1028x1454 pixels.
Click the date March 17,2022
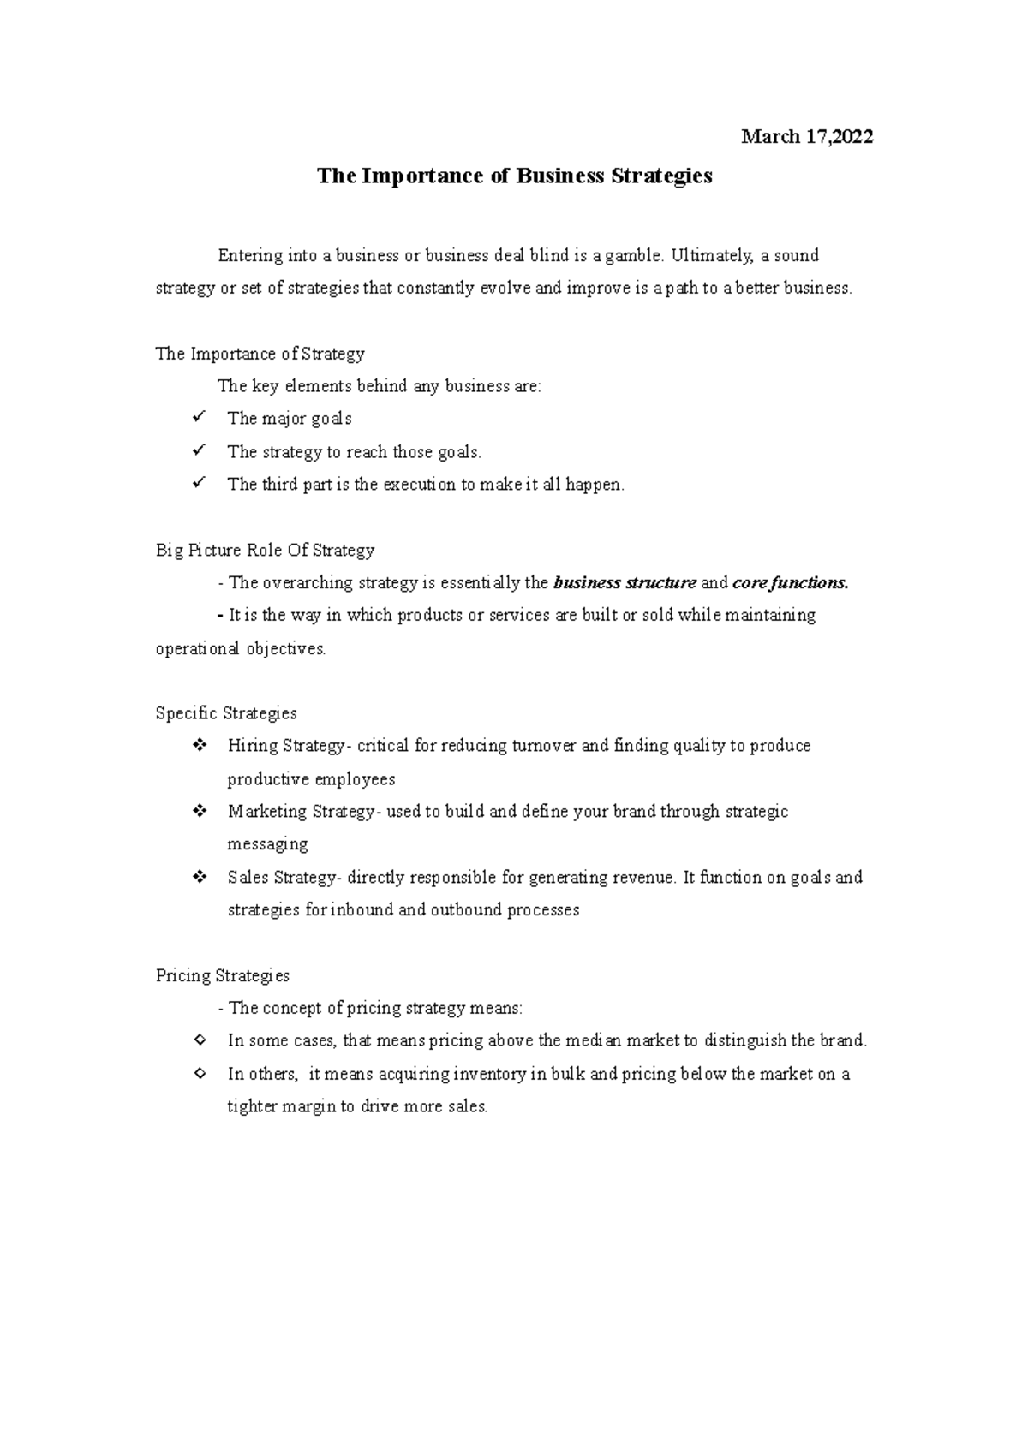click(807, 137)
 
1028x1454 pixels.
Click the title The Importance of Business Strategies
click(514, 176)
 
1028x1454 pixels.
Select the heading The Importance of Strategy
click(260, 354)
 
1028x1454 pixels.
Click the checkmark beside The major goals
click(199, 418)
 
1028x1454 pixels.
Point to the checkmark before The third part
click(199, 484)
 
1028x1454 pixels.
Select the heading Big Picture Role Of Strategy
click(265, 550)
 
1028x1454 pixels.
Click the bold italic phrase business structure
click(625, 583)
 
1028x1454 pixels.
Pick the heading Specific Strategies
click(226, 713)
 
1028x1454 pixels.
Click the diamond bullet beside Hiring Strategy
click(200, 746)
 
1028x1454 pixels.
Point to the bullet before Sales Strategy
click(200, 877)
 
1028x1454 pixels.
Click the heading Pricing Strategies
click(223, 975)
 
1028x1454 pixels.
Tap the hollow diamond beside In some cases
click(200, 1040)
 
